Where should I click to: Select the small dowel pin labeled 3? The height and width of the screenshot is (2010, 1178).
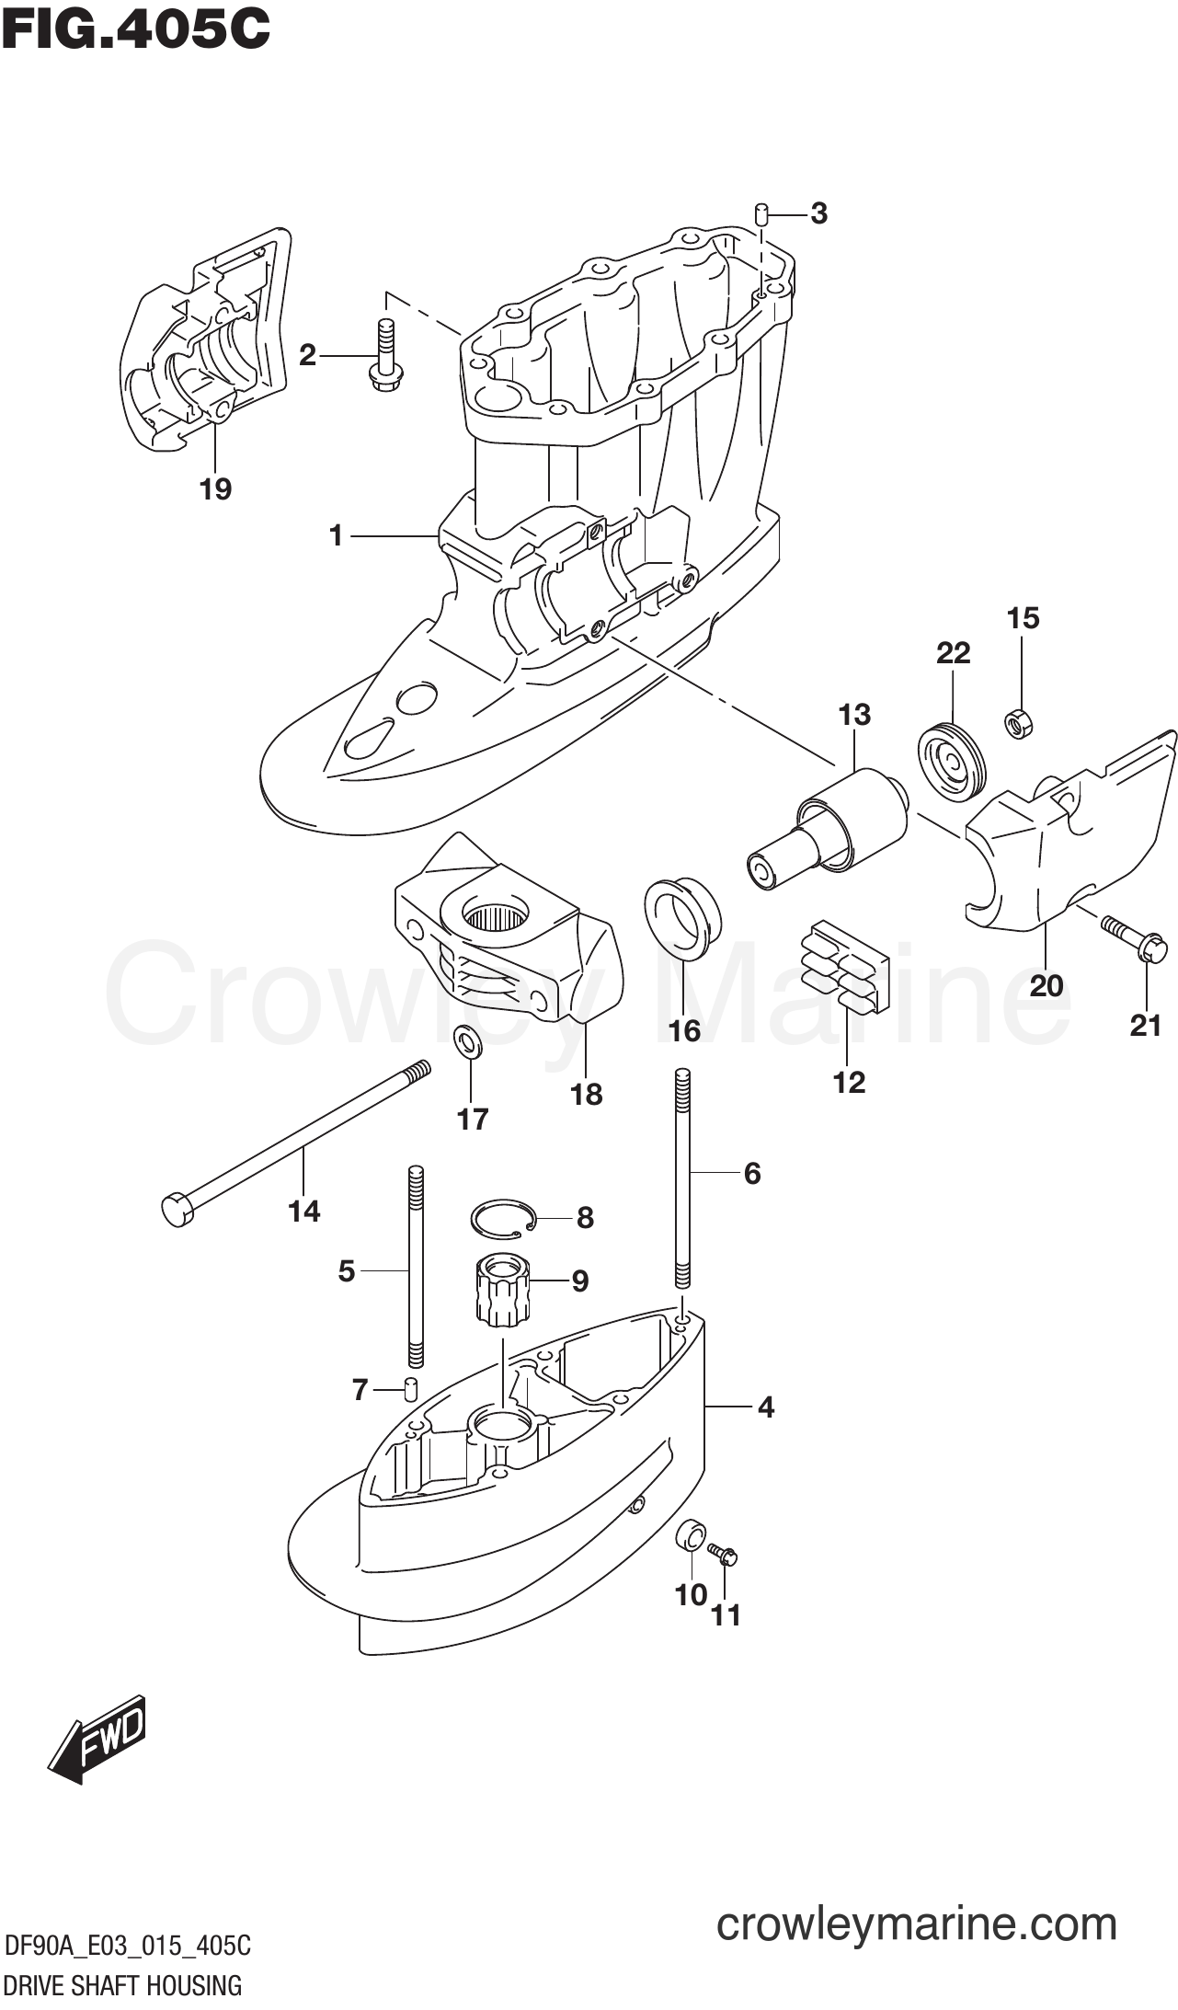(761, 214)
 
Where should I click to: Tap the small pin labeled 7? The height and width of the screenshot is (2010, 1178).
(411, 1390)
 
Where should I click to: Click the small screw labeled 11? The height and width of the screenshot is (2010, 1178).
(725, 1554)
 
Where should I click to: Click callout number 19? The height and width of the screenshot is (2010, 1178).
(216, 489)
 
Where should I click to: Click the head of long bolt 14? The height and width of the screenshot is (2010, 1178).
(177, 1209)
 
